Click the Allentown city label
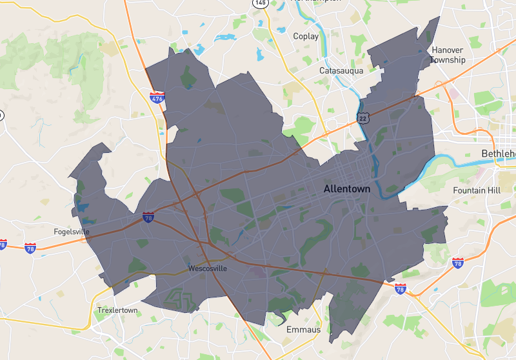pyautogui.click(x=347, y=189)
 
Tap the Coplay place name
pyautogui.click(x=306, y=36)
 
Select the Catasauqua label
pyautogui.click(x=342, y=70)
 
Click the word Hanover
pyautogui.click(x=448, y=50)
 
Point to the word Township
pyautogui.click(x=448, y=60)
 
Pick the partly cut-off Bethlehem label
pyautogui.click(x=499, y=154)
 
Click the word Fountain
pyautogui.click(x=469, y=190)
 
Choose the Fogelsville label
pyautogui.click(x=72, y=232)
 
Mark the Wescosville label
pyautogui.click(x=208, y=268)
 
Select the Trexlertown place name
pyautogui.click(x=117, y=310)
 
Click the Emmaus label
pyautogui.click(x=303, y=330)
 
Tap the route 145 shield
pyautogui.click(x=260, y=3)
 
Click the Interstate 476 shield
pyautogui.click(x=157, y=97)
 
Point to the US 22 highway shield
pyautogui.click(x=363, y=117)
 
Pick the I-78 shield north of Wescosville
pyautogui.click(x=149, y=217)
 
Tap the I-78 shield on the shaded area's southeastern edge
pyautogui.click(x=401, y=288)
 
